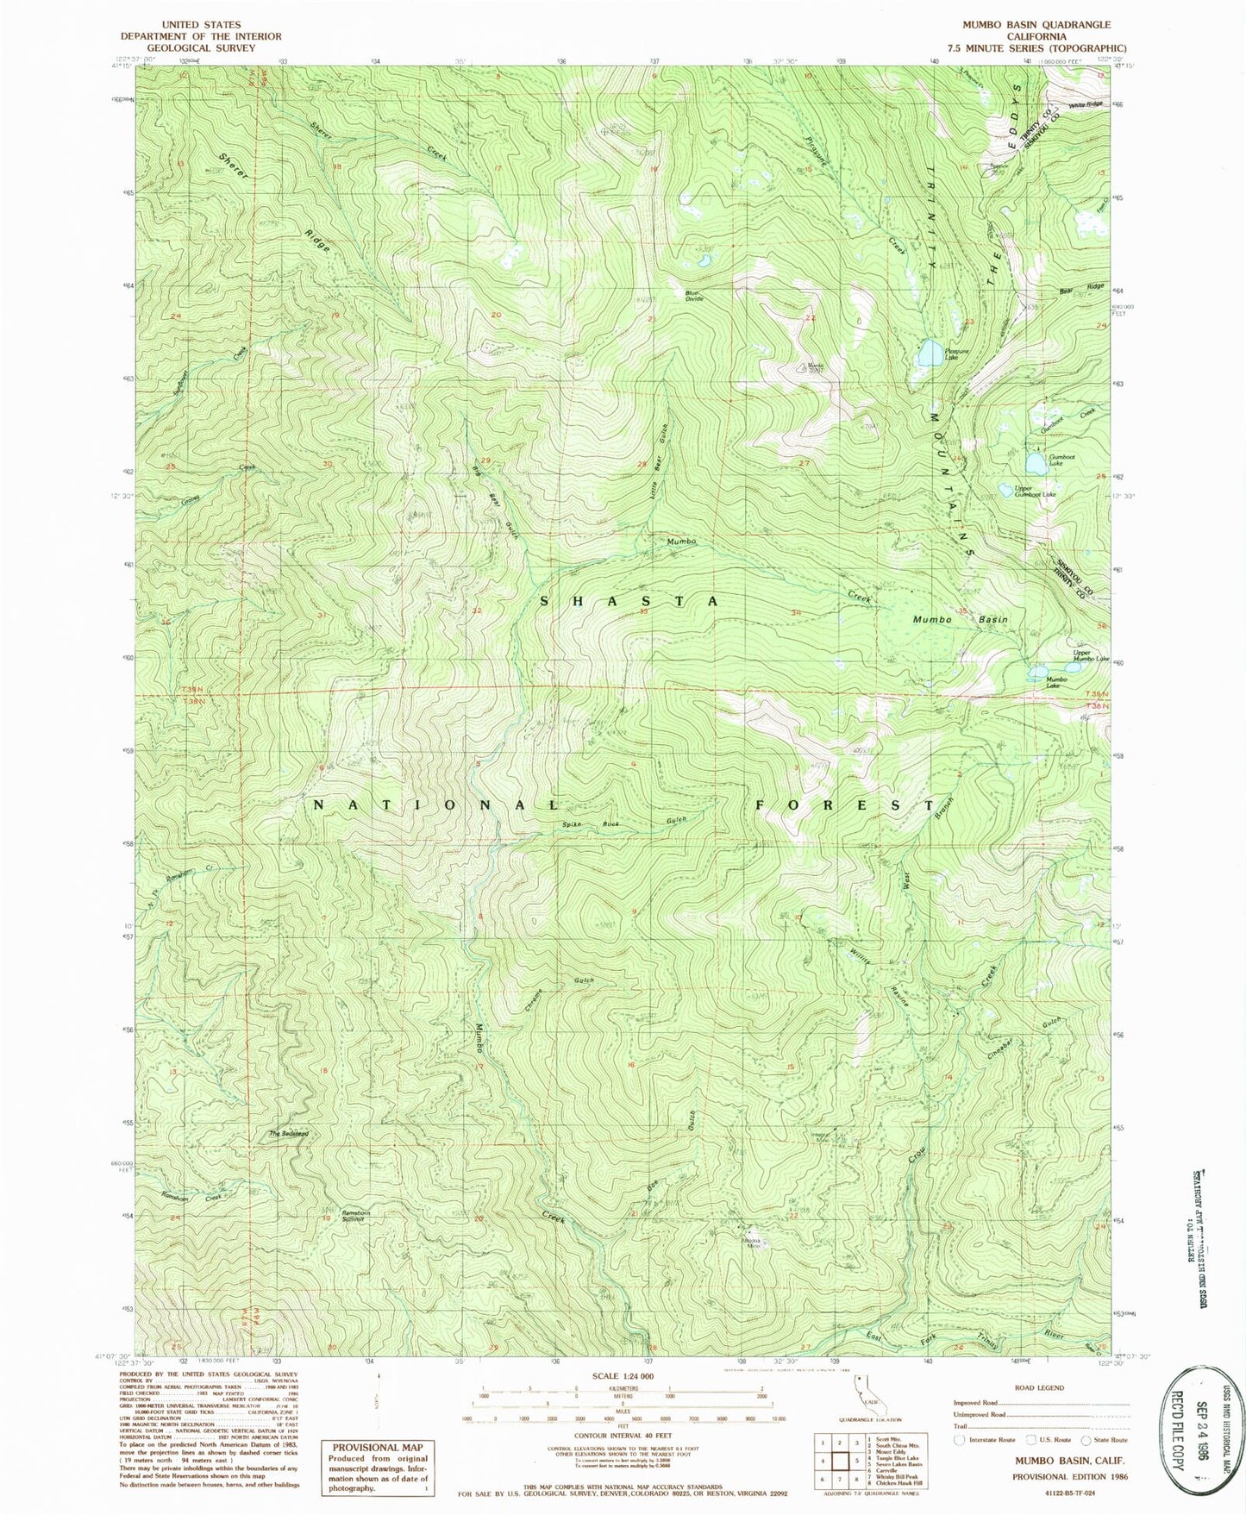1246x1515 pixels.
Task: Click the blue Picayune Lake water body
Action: [x=929, y=354]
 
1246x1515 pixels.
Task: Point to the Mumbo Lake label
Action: [x=1055, y=682]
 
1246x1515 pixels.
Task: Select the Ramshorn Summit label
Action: [x=337, y=1215]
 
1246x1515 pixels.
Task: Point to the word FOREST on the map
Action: [x=844, y=805]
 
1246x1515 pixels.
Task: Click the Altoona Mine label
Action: [x=752, y=1243]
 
